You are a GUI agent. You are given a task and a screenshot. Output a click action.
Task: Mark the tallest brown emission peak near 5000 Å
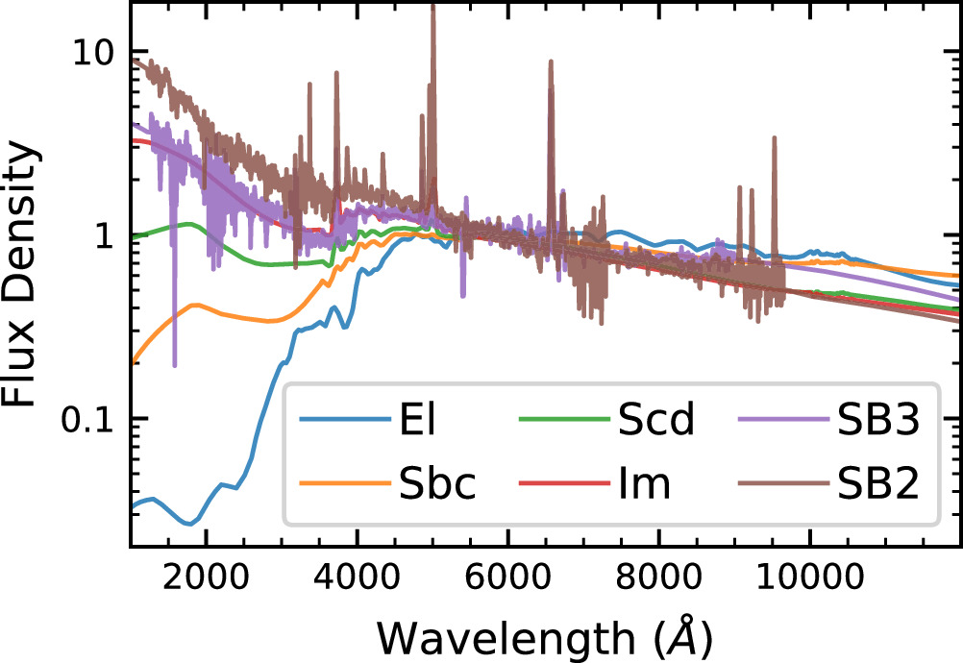tap(432, 8)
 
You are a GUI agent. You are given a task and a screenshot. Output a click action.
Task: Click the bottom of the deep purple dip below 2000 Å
tap(174, 364)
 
